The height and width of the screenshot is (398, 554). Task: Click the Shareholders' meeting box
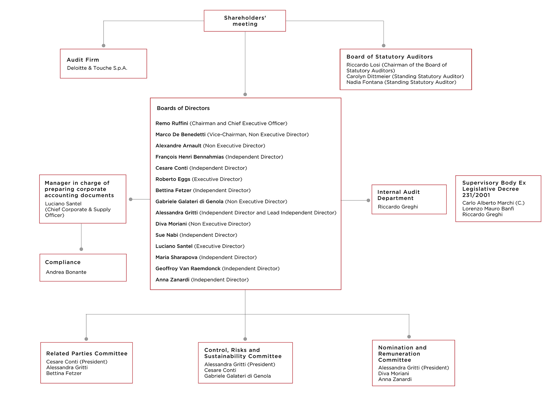(245, 21)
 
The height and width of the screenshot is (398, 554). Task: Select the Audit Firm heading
(83, 60)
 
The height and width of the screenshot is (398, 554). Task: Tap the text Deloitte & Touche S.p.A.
(97, 68)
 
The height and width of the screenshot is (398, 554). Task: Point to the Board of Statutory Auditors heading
(390, 57)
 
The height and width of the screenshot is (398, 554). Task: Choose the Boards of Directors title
(183, 108)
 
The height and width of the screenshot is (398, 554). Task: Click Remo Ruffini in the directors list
(172, 123)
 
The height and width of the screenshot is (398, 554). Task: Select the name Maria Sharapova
(176, 257)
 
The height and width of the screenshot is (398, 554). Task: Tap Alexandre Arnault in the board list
(178, 146)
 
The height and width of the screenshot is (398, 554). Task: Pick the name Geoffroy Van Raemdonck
(188, 269)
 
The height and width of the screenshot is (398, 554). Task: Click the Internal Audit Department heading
(398, 195)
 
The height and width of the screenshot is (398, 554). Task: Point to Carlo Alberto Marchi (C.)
(493, 203)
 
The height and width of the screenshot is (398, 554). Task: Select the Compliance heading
(63, 262)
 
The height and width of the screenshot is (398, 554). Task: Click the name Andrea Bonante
(66, 272)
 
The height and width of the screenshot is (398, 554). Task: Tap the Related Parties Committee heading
(87, 354)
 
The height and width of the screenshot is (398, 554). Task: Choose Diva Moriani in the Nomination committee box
(394, 373)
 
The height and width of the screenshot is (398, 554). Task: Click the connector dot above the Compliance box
(81, 249)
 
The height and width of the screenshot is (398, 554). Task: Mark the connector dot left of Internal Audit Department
(368, 200)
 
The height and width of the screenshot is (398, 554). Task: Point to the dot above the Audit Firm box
(104, 46)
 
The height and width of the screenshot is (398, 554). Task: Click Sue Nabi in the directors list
(167, 235)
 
